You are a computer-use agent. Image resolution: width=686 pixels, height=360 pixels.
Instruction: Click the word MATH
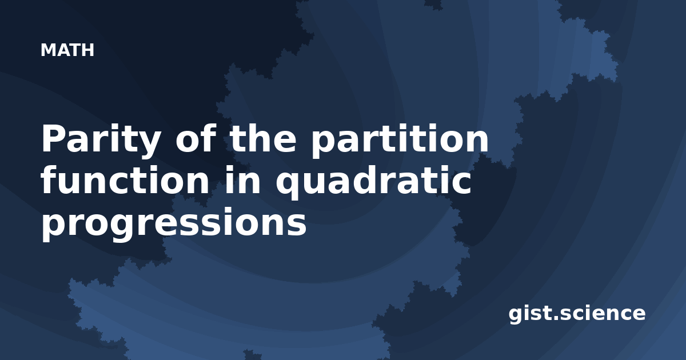point(67,50)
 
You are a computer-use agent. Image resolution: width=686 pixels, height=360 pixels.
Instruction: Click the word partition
point(400,140)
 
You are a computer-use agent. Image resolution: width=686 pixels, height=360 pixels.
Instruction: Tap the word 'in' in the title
point(242,180)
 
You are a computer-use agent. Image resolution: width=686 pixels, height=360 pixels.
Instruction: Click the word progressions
point(174,224)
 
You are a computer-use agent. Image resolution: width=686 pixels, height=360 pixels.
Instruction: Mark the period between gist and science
point(560,318)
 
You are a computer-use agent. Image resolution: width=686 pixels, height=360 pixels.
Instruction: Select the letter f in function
point(50,179)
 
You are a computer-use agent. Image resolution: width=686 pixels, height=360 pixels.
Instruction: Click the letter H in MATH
point(87,50)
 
